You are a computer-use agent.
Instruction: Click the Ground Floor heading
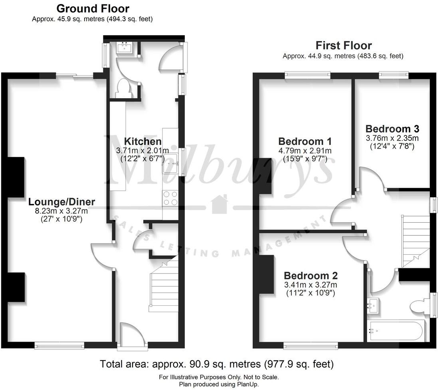[x=93, y=8]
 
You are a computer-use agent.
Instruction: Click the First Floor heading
[x=343, y=45]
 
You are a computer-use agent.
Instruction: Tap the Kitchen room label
[x=143, y=141]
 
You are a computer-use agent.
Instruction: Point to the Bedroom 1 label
[x=305, y=141]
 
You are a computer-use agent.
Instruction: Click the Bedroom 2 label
[x=310, y=275]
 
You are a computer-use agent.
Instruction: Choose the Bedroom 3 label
[x=392, y=129]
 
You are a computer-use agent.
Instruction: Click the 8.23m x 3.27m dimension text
[x=61, y=211]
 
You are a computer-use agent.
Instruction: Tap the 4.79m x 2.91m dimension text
[x=305, y=150]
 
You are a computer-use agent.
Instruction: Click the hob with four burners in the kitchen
[x=170, y=198]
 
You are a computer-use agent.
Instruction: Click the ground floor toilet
[x=124, y=88]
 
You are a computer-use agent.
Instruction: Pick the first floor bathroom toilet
[x=419, y=306]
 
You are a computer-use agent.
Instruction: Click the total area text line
[x=217, y=364]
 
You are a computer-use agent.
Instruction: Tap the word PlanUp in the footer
[x=248, y=384]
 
